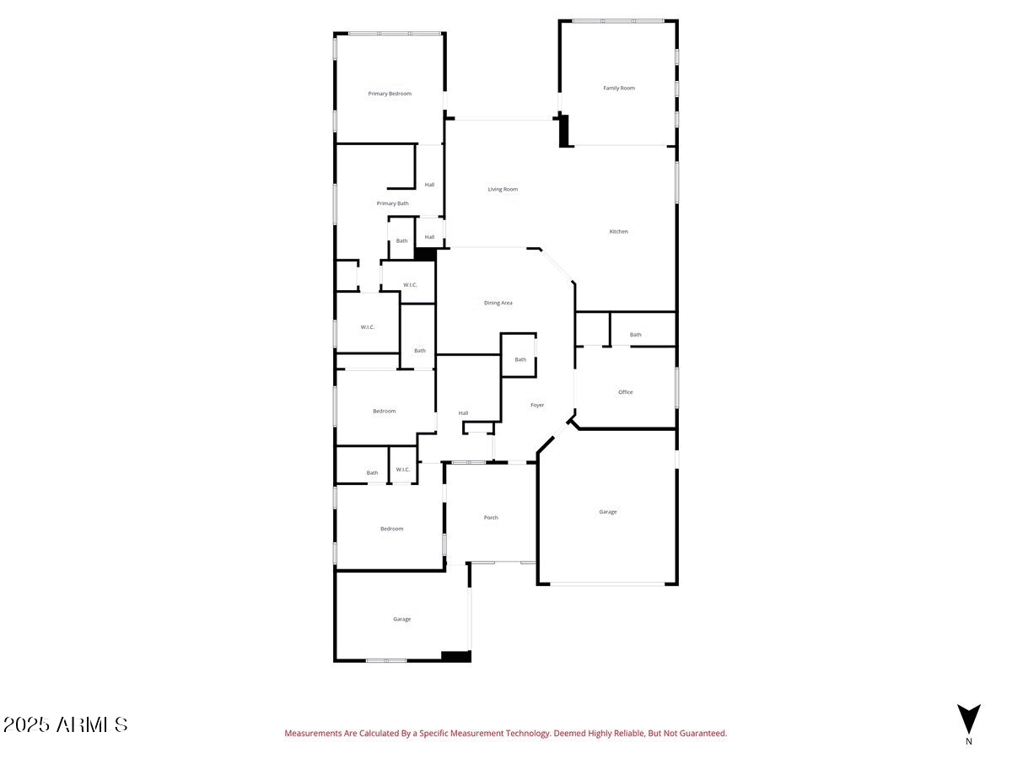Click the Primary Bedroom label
coord(390,94)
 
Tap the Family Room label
coord(619,88)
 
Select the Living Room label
coord(503,189)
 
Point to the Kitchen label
coord(618,231)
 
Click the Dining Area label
coord(498,303)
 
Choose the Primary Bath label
coord(392,203)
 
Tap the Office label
coord(625,392)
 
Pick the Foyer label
coord(537,405)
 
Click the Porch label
coord(491,518)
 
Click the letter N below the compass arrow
coord(969,741)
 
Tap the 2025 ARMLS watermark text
coord(66,724)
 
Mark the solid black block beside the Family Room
coord(563,131)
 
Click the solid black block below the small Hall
coord(425,255)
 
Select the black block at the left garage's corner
coord(456,656)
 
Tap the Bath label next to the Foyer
coord(520,359)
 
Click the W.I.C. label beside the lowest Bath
coord(402,470)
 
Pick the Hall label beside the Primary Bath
coord(429,185)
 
